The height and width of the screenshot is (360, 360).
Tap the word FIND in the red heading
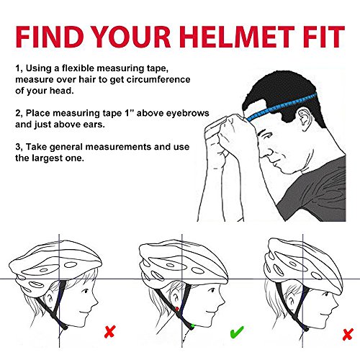(x=49, y=37)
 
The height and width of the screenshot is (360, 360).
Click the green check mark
(x=237, y=332)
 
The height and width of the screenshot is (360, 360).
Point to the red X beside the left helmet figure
(x=110, y=331)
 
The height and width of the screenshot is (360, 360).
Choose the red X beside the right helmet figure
(x=348, y=334)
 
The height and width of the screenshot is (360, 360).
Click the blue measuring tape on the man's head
(x=282, y=107)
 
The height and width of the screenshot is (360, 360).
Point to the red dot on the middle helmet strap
(x=176, y=309)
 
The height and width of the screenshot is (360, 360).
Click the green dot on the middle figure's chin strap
(x=192, y=326)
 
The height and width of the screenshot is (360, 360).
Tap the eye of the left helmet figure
(x=86, y=292)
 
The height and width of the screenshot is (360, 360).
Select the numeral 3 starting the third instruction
(x=18, y=147)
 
